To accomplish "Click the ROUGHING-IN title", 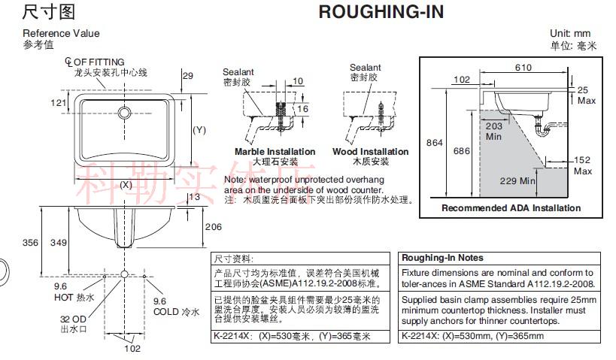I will (x=381, y=12).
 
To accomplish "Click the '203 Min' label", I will (x=493, y=131).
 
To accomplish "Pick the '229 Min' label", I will (x=517, y=180).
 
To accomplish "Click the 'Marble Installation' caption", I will (x=275, y=152).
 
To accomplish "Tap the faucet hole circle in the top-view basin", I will (x=124, y=113).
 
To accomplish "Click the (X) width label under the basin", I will (x=126, y=184).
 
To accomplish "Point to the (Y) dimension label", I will (x=199, y=130).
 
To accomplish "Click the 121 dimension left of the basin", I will (x=59, y=103).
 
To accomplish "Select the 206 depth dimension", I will (x=214, y=227).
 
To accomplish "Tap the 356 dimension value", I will (x=29, y=243).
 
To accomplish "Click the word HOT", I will (x=63, y=297).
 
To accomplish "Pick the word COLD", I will (x=165, y=311).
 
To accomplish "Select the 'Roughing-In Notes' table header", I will (x=442, y=257).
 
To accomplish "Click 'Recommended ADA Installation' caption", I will (x=511, y=208).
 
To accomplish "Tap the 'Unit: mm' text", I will (x=570, y=33).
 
